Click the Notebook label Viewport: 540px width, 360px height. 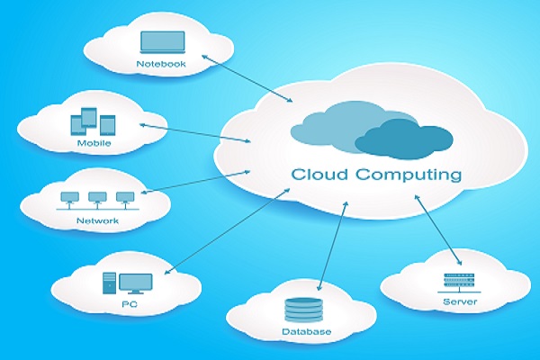[161, 64]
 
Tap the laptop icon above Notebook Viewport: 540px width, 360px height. [163, 42]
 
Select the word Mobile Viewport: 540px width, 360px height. [94, 143]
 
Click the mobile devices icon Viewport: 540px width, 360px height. [93, 121]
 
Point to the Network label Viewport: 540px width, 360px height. [97, 220]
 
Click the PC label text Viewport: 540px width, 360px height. [130, 304]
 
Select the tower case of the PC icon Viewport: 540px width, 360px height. [109, 283]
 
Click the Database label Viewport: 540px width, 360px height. [307, 332]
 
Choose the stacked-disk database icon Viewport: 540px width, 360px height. [304, 310]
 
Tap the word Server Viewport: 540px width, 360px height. [460, 301]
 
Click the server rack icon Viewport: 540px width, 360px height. [459, 283]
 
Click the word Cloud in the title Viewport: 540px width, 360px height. [319, 175]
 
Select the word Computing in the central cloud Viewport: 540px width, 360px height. [409, 175]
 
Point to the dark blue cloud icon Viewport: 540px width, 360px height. [403, 139]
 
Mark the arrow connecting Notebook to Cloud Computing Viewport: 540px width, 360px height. [247, 78]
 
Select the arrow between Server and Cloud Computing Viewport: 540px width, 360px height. [437, 229]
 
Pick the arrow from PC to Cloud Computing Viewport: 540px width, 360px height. [227, 231]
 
